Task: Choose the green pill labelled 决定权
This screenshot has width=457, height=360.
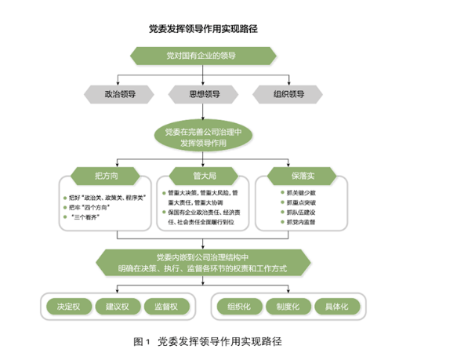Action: tap(65, 306)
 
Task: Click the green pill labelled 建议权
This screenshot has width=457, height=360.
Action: tap(117, 306)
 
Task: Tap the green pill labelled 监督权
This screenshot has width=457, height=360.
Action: tap(168, 306)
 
